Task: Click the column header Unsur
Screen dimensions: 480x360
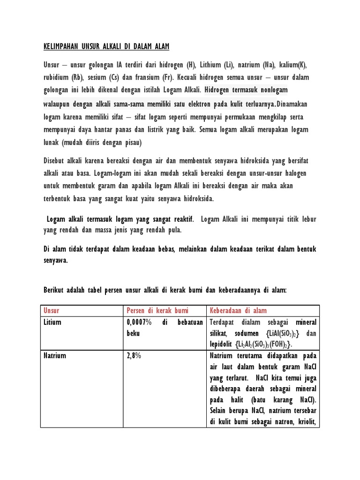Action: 52,311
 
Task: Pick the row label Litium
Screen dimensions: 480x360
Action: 52,322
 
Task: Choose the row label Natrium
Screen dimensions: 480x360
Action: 54,356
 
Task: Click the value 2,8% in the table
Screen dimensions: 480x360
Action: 134,356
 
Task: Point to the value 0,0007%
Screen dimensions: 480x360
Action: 139,322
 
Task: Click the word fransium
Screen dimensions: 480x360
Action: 145,77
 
